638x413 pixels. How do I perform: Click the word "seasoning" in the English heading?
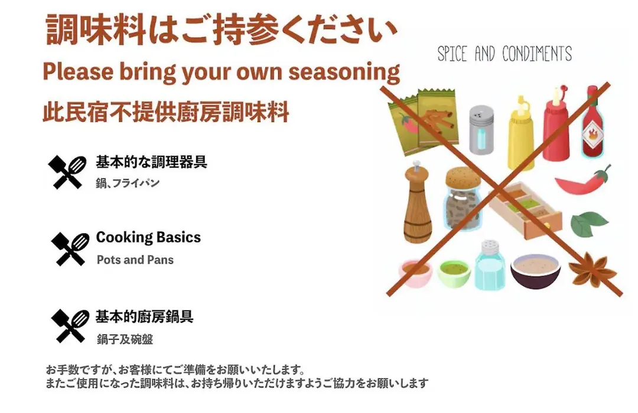(x=344, y=72)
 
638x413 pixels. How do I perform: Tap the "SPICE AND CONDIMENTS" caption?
(x=504, y=54)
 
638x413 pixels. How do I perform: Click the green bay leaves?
(x=589, y=223)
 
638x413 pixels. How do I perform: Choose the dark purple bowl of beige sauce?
(x=535, y=271)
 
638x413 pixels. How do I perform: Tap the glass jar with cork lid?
(x=463, y=199)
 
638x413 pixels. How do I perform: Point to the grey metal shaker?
(x=481, y=130)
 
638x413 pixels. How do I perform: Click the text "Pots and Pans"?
(x=135, y=260)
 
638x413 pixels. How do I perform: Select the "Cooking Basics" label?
(x=148, y=237)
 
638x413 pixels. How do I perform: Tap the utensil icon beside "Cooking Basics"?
(x=70, y=249)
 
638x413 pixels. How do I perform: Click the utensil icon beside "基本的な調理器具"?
(x=67, y=172)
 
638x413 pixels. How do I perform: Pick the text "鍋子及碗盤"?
(x=125, y=339)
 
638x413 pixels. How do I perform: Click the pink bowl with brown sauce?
(x=415, y=273)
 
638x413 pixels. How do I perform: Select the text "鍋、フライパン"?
(x=128, y=183)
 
